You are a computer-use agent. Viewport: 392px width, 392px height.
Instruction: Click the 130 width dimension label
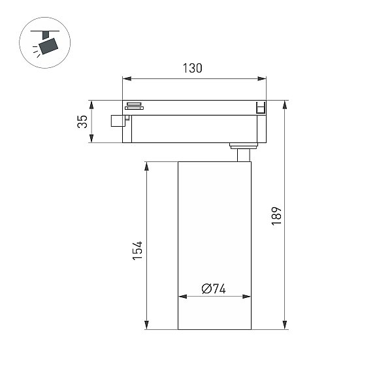[192, 68]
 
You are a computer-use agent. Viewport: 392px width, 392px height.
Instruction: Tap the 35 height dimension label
[82, 122]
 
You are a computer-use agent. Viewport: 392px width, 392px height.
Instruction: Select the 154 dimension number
[137, 250]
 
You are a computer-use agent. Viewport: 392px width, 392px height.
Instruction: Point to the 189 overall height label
[276, 216]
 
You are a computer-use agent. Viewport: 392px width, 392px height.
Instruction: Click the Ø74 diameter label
[214, 289]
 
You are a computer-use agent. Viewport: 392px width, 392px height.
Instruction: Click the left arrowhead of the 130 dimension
[127, 79]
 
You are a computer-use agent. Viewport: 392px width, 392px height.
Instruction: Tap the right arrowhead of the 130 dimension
[262, 79]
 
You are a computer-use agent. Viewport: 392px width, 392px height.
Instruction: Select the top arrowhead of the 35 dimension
[91, 105]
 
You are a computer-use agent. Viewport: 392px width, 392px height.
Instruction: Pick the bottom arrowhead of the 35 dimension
[91, 139]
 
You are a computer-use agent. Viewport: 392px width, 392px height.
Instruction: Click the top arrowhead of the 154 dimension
[147, 166]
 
